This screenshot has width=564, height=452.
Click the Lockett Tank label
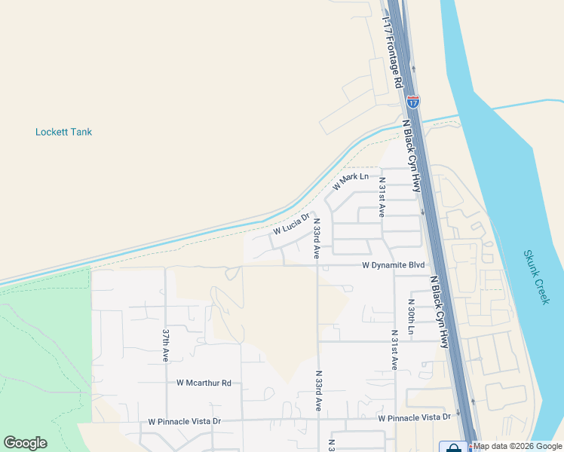click(x=63, y=132)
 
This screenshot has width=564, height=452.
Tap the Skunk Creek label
click(x=535, y=276)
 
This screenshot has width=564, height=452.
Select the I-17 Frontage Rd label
click(x=394, y=51)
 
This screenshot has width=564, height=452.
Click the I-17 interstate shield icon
click(x=412, y=102)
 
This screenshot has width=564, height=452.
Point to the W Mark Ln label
click(x=351, y=182)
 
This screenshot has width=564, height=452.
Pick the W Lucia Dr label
click(x=292, y=223)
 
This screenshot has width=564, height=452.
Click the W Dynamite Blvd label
click(x=394, y=265)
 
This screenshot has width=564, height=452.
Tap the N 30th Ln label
click(x=411, y=319)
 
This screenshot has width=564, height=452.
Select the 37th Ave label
click(x=166, y=345)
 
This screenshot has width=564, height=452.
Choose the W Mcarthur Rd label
click(x=204, y=383)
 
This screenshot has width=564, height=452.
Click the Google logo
click(x=26, y=443)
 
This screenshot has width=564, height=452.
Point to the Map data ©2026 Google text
click(x=518, y=447)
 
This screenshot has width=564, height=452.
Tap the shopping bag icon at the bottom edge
click(x=453, y=447)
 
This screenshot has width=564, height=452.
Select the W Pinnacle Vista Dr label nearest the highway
click(x=414, y=417)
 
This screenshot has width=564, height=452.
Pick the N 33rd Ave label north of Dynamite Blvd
click(x=317, y=240)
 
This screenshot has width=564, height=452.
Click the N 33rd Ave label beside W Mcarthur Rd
click(x=318, y=390)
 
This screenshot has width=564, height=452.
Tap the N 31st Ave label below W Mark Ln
click(x=382, y=198)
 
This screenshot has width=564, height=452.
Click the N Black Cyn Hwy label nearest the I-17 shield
click(x=412, y=154)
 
